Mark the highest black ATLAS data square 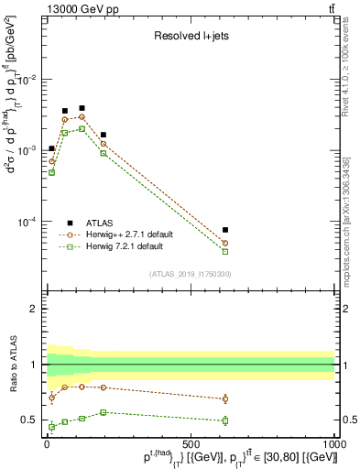pos(82,108)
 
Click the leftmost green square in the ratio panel pos(51,427)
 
